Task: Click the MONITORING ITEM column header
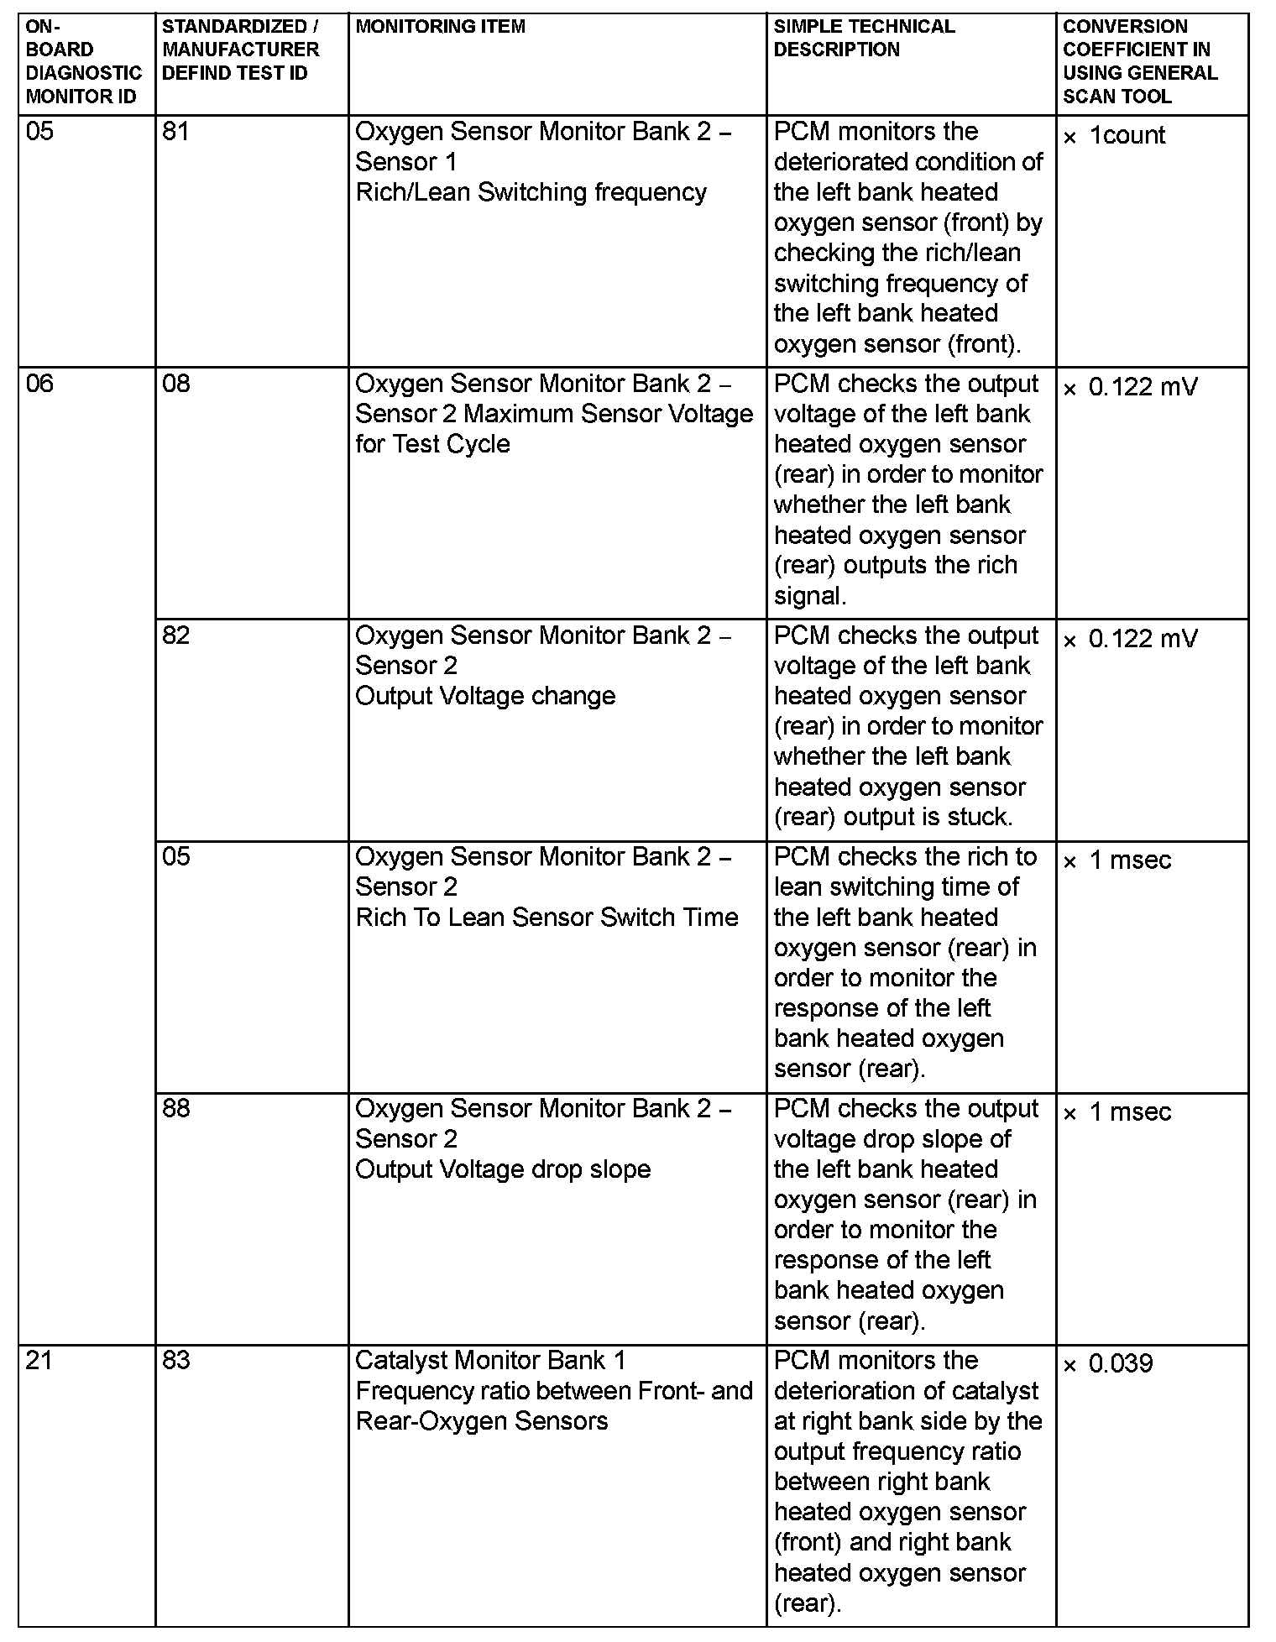[440, 27]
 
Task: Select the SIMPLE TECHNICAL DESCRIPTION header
[864, 38]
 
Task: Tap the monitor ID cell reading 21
[39, 1360]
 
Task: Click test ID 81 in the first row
[175, 132]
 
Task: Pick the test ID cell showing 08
[176, 384]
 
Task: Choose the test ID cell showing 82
[176, 635]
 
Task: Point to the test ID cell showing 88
[176, 1108]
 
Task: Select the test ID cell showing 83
[176, 1360]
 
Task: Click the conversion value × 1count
[1114, 135]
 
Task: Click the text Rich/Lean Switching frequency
[531, 192]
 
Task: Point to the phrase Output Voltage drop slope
[503, 1169]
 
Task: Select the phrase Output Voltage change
[485, 696]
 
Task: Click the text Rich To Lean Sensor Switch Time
[546, 918]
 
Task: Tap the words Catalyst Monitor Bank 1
[490, 1360]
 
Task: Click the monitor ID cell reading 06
[39, 384]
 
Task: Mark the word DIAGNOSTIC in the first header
[84, 73]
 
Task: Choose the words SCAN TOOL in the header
[1116, 97]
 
